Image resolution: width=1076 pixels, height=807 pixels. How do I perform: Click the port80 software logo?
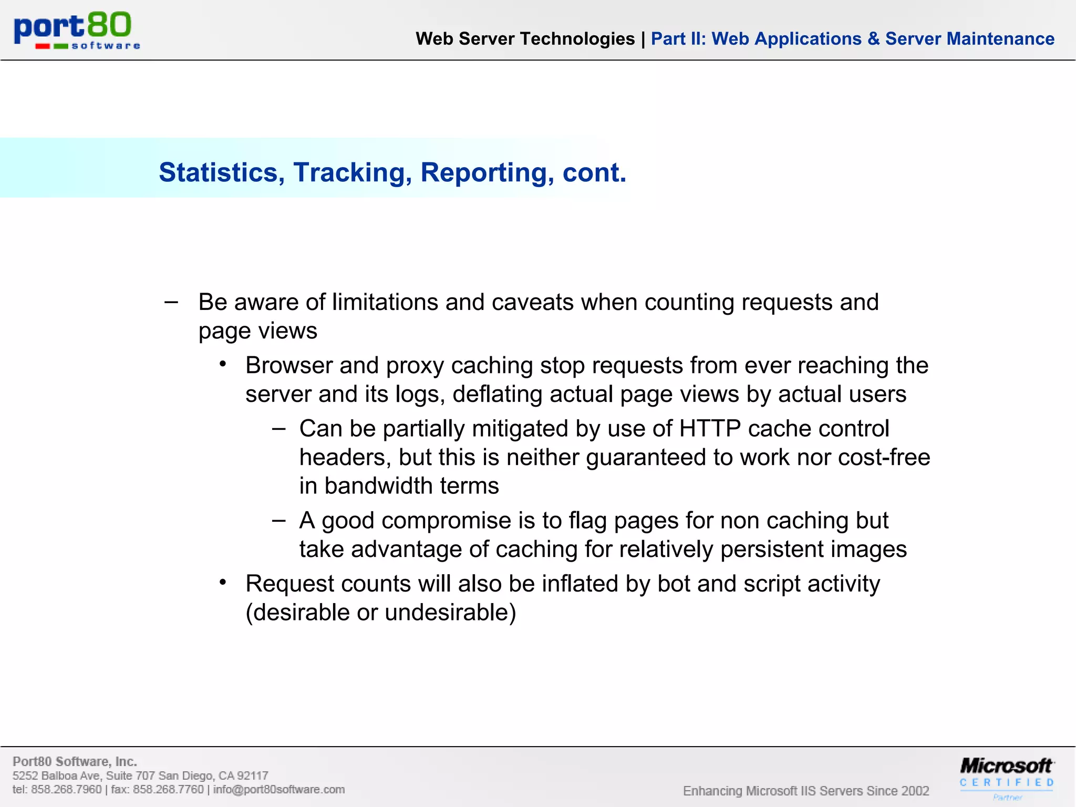[x=77, y=30]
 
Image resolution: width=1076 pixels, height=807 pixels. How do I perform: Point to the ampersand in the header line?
[x=873, y=39]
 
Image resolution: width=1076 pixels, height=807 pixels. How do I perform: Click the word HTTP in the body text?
[x=710, y=429]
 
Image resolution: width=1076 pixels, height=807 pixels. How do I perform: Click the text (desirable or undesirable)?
[x=381, y=613]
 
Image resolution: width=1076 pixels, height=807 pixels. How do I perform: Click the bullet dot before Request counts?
[x=223, y=582]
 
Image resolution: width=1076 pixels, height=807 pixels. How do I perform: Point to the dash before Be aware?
[x=171, y=302]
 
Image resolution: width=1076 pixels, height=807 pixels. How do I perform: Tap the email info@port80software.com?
[x=279, y=790]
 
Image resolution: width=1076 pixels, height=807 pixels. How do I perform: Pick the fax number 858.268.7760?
[x=168, y=790]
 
